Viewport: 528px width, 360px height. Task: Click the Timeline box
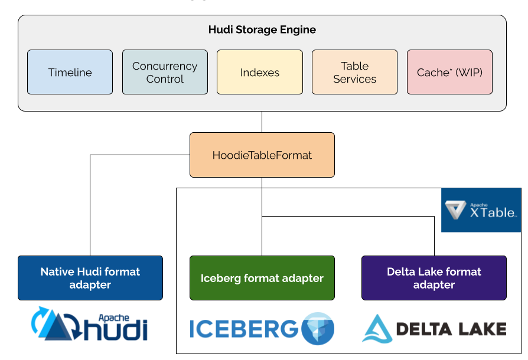(70, 72)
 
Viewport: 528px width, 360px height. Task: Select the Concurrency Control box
(165, 72)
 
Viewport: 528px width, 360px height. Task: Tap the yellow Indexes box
(259, 72)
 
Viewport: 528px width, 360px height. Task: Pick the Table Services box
(354, 72)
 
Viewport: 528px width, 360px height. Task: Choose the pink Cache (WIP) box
(449, 72)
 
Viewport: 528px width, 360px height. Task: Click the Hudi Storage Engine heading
(262, 30)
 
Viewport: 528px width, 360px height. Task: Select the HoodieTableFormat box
(262, 155)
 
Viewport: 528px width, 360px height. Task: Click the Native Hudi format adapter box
(90, 278)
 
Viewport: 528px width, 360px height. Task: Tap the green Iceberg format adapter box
(262, 278)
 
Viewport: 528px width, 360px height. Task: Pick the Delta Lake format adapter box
(434, 278)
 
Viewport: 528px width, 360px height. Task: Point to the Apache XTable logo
(481, 210)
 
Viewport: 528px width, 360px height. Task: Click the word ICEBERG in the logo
(244, 329)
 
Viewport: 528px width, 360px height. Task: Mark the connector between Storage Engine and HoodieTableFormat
(262, 122)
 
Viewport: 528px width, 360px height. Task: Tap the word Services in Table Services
(354, 79)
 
